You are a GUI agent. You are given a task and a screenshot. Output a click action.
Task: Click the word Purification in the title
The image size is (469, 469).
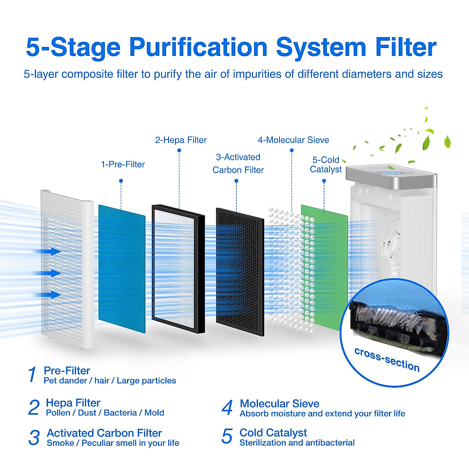(x=198, y=48)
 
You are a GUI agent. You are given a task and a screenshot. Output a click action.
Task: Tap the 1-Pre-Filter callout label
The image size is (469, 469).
(x=123, y=165)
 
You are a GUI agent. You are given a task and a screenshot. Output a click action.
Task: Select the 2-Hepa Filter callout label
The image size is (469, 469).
(x=181, y=140)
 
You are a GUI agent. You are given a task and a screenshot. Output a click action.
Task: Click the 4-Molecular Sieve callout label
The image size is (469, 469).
(x=293, y=140)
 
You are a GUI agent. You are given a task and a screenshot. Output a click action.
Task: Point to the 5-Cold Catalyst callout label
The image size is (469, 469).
(x=326, y=165)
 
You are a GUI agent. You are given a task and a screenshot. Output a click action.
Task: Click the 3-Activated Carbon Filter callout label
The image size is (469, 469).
(x=238, y=163)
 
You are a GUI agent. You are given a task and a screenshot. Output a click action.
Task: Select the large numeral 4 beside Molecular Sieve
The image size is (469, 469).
(x=227, y=408)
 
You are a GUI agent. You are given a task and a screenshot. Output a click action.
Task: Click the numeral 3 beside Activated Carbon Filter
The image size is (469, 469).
(x=34, y=437)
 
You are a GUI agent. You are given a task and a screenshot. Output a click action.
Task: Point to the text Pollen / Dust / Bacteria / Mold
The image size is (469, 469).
(x=105, y=413)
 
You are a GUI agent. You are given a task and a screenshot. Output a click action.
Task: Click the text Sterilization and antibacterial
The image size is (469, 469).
(x=297, y=443)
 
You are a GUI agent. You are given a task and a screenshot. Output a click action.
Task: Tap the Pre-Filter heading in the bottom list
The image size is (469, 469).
(x=67, y=371)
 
